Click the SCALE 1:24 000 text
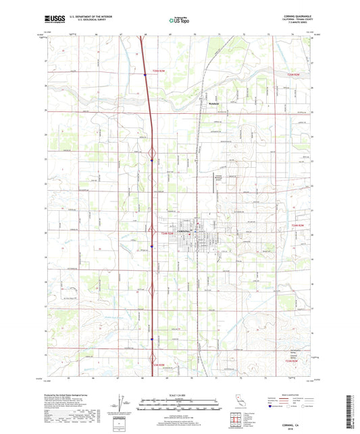tap(180, 394)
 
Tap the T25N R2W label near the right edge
tap(292, 74)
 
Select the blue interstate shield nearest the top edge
tap(144, 74)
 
